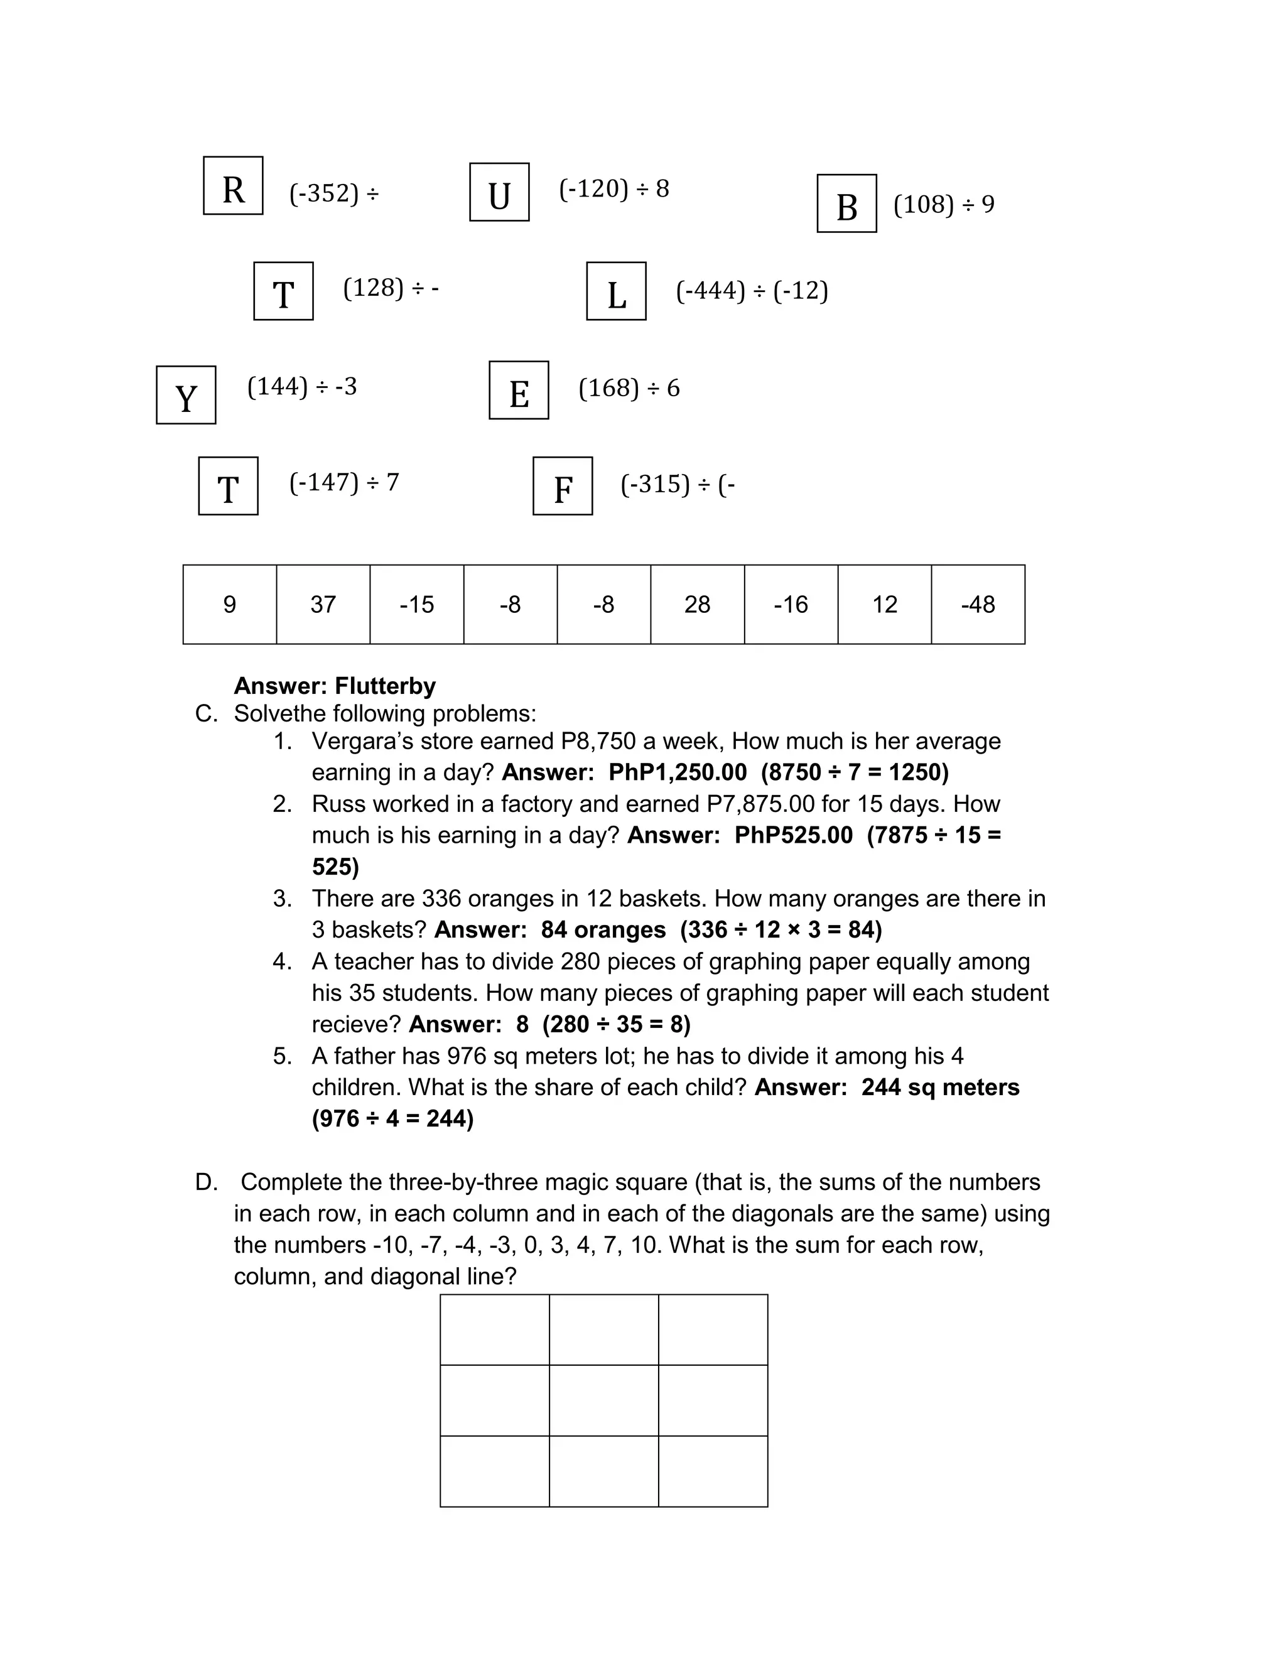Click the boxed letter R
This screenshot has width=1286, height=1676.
[233, 186]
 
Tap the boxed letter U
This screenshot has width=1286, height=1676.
[499, 192]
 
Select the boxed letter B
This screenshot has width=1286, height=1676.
[846, 203]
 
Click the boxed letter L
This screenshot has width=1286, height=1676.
[616, 291]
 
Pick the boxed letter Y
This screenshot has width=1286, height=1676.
[186, 395]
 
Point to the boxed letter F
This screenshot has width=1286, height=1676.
[563, 486]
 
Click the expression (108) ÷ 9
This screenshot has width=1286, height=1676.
[944, 204]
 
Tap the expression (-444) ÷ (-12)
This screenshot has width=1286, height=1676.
[752, 291]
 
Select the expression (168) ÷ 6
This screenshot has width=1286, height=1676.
[629, 388]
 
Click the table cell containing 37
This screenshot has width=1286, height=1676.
[323, 605]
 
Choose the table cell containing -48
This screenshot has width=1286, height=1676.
[978, 605]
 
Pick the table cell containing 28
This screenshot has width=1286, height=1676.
[698, 605]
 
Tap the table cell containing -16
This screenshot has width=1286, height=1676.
[791, 605]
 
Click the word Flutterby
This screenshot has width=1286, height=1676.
[385, 686]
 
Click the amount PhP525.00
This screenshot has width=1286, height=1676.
[793, 835]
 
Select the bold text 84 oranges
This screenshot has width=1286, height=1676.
[603, 929]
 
